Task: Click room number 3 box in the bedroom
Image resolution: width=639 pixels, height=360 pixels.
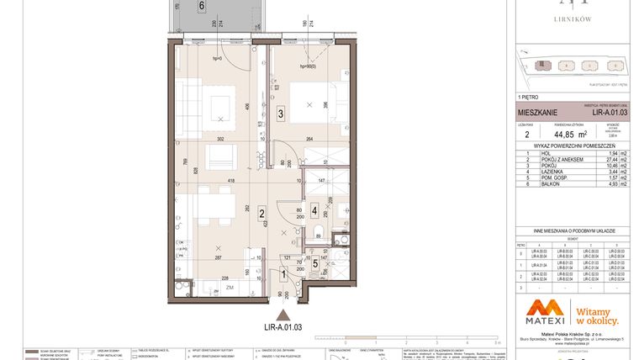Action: point(280,112)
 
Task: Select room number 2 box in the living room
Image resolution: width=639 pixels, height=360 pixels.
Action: point(262,214)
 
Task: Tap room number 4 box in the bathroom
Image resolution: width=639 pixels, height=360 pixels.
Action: point(314,210)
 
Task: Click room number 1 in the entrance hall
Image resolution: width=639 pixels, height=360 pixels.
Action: point(283,273)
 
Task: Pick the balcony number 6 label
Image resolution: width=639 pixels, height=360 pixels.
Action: point(202,6)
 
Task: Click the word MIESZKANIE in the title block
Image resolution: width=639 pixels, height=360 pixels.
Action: point(536,111)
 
